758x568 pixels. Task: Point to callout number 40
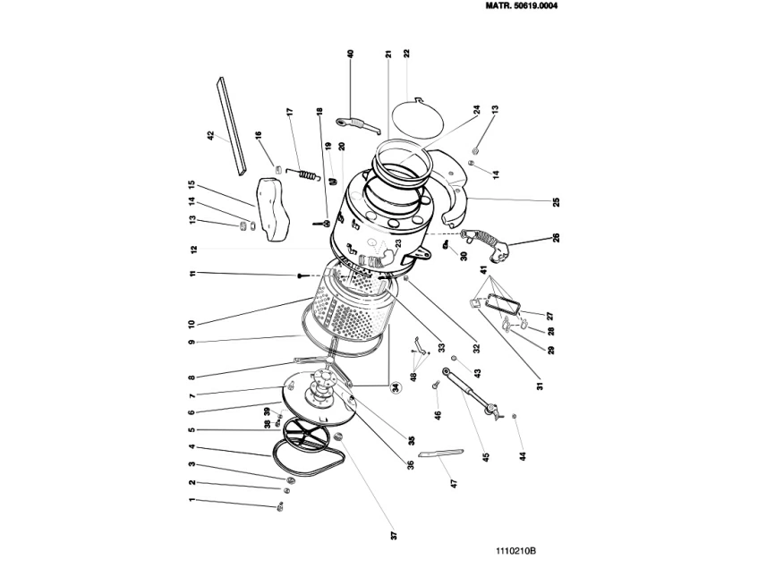(351, 54)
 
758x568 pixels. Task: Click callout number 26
(555, 238)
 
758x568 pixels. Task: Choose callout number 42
(210, 136)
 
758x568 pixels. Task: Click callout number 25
(555, 202)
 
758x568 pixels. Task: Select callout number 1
(192, 502)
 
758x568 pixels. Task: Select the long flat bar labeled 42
(231, 124)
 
